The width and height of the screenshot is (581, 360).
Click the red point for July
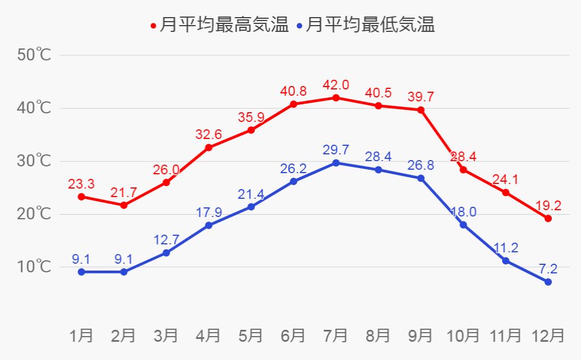tap(336, 97)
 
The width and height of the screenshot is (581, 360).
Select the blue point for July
tap(336, 163)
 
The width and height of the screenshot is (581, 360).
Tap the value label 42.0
tap(336, 85)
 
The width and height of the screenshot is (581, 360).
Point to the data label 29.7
tap(336, 150)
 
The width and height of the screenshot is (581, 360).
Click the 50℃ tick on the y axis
tap(34, 55)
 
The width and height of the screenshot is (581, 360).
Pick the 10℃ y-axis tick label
tap(34, 267)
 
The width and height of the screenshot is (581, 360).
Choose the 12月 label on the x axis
tap(548, 336)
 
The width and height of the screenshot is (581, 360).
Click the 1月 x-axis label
tap(81, 336)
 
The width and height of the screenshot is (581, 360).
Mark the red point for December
tap(548, 218)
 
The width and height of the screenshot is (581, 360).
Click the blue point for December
tap(548, 282)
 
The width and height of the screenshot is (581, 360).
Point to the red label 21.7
tap(123, 193)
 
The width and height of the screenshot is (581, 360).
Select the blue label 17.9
tap(208, 212)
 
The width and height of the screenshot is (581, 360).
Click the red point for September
tap(421, 109)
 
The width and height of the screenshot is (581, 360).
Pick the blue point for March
tap(166, 252)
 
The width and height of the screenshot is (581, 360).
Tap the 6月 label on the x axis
tap(293, 336)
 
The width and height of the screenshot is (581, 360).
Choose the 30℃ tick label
tap(34, 161)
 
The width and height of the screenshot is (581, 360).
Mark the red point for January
tap(81, 197)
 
